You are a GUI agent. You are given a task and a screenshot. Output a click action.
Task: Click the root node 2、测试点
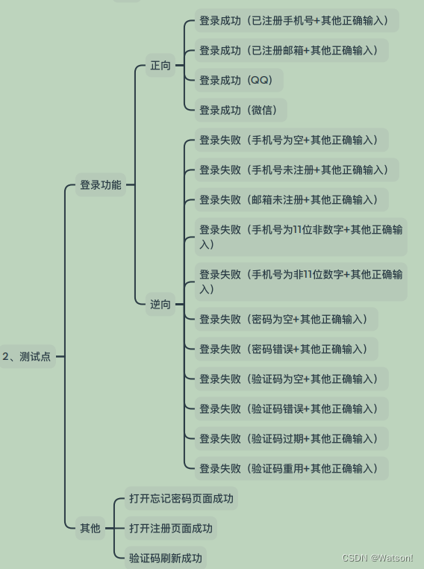[27, 356]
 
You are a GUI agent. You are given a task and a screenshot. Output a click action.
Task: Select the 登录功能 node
[101, 184]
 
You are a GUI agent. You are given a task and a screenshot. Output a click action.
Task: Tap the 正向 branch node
[160, 65]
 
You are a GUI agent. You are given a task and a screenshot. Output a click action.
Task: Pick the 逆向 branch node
[160, 304]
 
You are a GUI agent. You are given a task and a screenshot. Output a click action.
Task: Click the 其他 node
[90, 528]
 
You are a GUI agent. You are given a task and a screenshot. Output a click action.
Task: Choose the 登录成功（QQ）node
[239, 80]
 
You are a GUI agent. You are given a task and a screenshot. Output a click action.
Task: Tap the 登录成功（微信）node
[241, 110]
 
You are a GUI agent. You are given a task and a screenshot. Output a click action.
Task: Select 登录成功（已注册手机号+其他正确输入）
[296, 21]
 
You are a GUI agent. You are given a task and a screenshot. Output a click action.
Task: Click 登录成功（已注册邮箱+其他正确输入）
[292, 51]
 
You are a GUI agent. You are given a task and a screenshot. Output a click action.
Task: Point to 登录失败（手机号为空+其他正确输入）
[292, 140]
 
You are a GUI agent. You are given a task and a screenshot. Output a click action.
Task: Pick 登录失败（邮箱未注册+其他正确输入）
[292, 199]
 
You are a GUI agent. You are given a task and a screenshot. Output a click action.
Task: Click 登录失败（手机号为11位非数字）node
[301, 237]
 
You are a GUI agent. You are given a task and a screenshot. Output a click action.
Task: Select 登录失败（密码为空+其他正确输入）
[286, 319]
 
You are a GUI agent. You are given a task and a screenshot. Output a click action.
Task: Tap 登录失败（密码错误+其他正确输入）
[286, 349]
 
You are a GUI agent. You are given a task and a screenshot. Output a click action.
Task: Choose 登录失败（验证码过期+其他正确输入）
[292, 438]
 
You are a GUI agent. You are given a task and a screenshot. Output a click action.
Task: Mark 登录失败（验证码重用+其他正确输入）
[292, 468]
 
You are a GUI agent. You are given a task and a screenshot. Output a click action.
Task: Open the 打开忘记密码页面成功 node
[181, 498]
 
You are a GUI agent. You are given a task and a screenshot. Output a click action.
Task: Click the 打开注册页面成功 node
[170, 528]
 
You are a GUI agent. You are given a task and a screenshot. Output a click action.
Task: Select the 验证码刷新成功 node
[166, 558]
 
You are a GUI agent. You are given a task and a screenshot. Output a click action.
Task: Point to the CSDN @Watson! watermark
[378, 557]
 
